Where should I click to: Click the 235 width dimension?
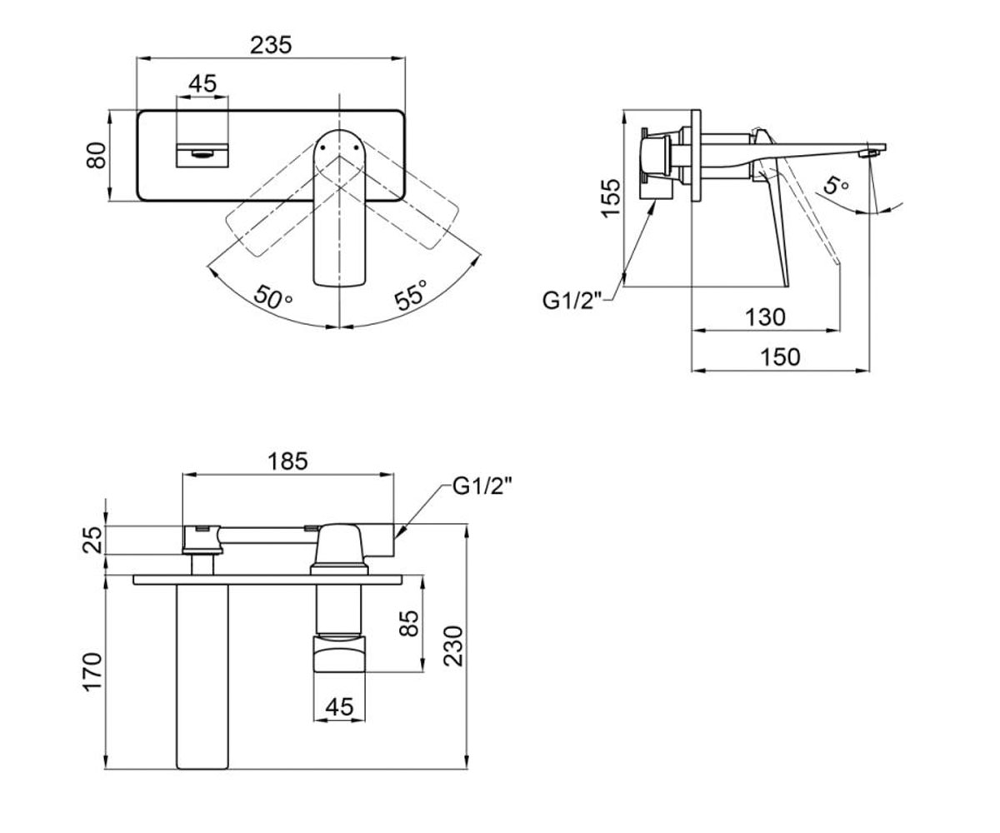coord(271,45)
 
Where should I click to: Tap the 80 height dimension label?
coord(97,155)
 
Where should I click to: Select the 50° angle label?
coord(272,297)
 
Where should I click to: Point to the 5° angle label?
coord(836,185)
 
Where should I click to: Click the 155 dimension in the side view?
coord(611,198)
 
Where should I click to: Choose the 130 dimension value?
coord(765,317)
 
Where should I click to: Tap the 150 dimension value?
coord(780,357)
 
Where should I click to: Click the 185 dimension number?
coord(287,461)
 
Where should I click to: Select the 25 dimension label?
coord(93,540)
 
